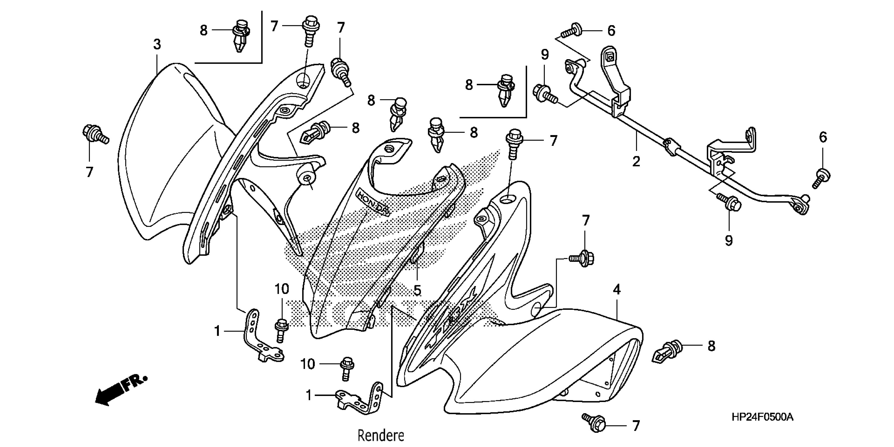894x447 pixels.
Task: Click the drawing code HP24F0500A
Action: pyautogui.click(x=762, y=417)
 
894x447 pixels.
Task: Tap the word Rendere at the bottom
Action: pyautogui.click(x=381, y=435)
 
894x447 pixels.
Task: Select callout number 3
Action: pyautogui.click(x=157, y=44)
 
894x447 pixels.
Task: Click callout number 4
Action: pyautogui.click(x=616, y=289)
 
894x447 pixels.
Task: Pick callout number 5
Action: pyautogui.click(x=417, y=290)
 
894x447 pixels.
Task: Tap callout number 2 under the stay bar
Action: pyautogui.click(x=636, y=161)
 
